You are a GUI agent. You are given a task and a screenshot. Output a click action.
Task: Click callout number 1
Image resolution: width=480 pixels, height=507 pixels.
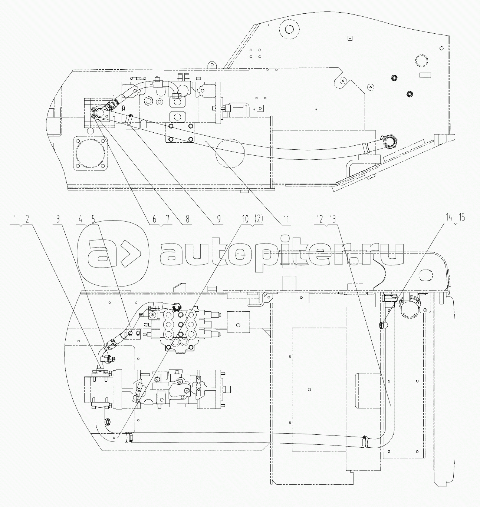(x=15, y=219)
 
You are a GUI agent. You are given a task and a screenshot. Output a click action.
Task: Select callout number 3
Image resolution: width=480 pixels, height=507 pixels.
(x=58, y=219)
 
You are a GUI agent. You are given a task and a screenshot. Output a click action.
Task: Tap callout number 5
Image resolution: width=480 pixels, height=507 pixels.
(x=93, y=219)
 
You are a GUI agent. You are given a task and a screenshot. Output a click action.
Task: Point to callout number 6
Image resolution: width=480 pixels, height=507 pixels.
(x=154, y=219)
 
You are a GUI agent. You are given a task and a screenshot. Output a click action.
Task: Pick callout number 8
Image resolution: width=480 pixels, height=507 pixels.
(x=187, y=219)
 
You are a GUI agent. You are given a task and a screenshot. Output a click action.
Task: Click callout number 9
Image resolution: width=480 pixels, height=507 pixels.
(x=218, y=219)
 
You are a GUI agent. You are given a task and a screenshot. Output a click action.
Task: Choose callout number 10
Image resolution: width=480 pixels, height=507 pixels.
(x=245, y=219)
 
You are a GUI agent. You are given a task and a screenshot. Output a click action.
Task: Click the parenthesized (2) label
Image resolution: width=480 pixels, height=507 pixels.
(x=258, y=219)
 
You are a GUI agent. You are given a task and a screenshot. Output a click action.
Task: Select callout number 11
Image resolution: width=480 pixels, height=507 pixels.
(x=286, y=219)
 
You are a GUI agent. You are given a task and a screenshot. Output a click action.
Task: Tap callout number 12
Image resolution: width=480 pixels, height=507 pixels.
(x=319, y=219)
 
